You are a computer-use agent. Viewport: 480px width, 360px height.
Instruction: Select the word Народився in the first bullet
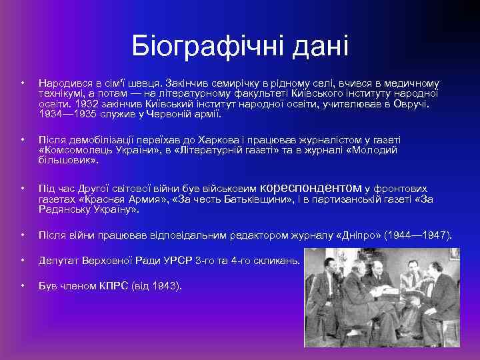click(x=65, y=84)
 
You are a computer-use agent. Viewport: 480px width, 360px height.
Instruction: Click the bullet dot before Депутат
click(x=22, y=260)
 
